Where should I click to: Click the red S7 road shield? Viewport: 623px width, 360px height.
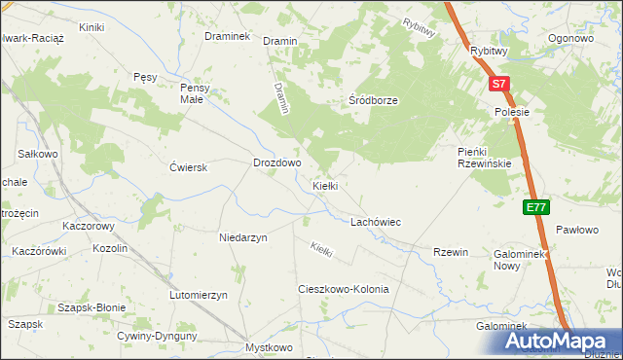tap(498, 85)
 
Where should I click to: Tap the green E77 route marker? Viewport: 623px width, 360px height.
tap(535, 207)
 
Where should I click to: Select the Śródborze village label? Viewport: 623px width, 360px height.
tap(374, 100)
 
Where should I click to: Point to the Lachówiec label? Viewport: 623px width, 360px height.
tap(376, 222)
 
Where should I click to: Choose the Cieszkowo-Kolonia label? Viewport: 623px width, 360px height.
tap(343, 290)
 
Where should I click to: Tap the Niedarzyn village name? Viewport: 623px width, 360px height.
tap(243, 236)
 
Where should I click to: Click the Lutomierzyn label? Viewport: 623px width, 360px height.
tap(198, 295)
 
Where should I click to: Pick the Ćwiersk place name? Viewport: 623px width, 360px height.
tap(189, 167)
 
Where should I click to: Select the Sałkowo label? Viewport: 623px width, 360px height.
tap(39, 154)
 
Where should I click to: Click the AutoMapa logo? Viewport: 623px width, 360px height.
tap(559, 342)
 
